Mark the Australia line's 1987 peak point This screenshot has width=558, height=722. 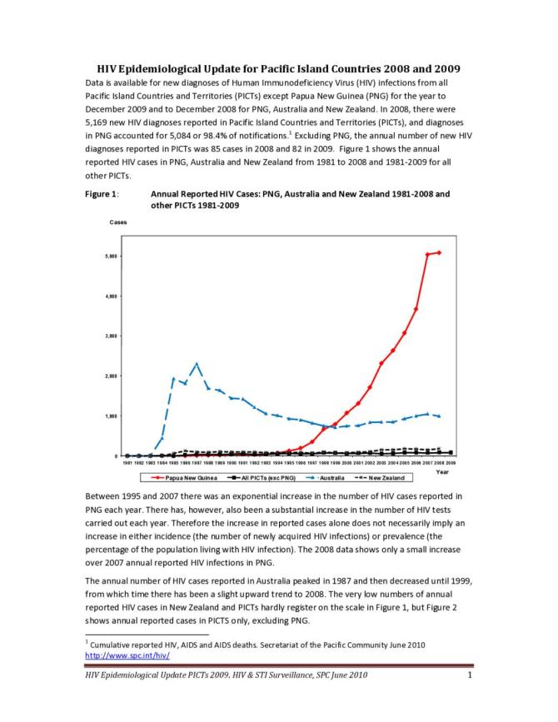click(x=196, y=364)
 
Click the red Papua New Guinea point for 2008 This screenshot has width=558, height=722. click(x=439, y=252)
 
